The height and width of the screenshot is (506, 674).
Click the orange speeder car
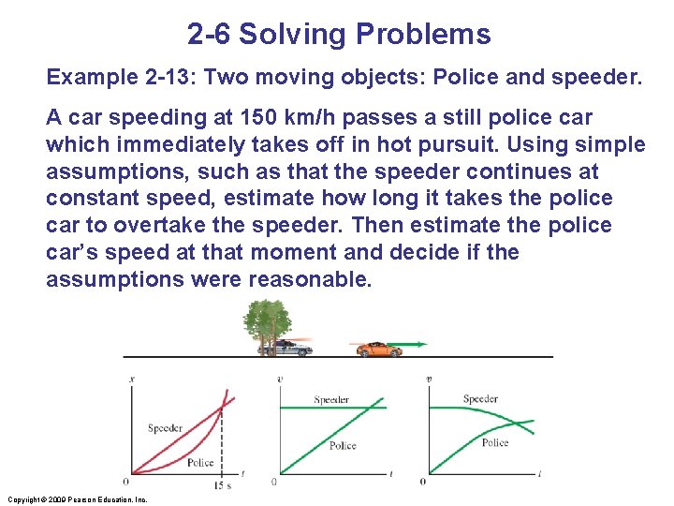click(x=378, y=349)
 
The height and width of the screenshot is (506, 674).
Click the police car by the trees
click(x=286, y=348)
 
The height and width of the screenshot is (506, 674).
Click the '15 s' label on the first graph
click(x=223, y=484)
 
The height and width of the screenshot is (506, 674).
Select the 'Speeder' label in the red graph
click(x=165, y=428)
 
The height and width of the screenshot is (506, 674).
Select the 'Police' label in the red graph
click(x=200, y=462)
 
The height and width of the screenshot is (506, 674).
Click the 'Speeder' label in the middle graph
click(x=331, y=400)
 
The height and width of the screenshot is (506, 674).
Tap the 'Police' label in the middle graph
click(x=343, y=445)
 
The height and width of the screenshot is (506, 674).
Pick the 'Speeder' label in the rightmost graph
click(x=480, y=399)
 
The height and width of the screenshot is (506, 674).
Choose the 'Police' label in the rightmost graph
click(x=495, y=442)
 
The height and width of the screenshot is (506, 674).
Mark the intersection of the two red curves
click(x=222, y=407)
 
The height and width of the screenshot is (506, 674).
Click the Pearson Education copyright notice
click(x=77, y=499)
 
